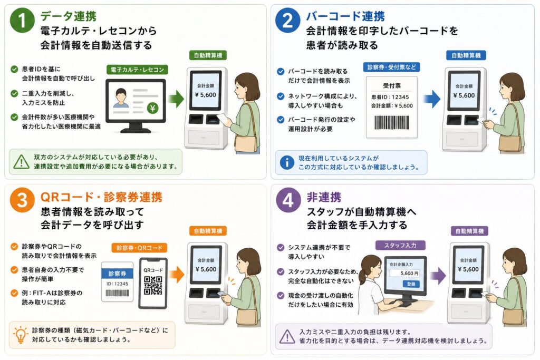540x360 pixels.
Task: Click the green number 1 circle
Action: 22,21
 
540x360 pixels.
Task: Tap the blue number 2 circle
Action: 287,21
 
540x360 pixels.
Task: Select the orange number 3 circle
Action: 22,200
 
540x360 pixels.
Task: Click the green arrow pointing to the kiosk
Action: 176,99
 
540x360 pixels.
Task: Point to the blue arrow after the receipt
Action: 432,99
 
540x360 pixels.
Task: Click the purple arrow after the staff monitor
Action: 439,276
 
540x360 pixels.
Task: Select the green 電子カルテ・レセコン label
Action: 137,70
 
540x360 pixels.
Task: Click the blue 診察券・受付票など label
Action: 392,67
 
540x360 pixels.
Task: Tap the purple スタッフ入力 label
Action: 400,246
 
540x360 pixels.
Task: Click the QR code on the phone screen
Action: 153,286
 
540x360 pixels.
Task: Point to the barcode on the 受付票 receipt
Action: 392,123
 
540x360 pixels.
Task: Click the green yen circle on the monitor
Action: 152,109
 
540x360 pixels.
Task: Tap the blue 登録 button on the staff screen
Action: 411,284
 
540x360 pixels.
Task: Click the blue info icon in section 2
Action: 287,162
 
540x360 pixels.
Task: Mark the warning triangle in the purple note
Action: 287,337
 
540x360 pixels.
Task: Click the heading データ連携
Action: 68,16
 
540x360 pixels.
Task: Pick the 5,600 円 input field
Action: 405,273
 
